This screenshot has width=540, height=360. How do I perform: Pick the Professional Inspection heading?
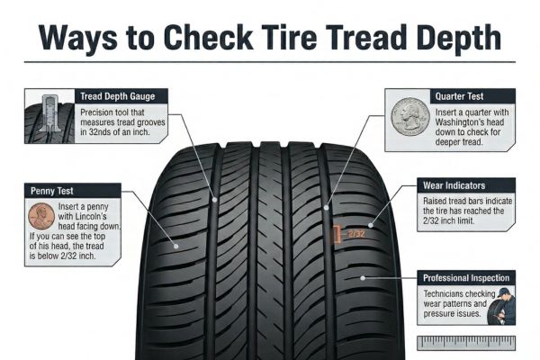pos(466,278)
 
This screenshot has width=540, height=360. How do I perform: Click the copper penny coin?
pos(40,216)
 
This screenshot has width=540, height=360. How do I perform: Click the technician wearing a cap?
pos(500,306)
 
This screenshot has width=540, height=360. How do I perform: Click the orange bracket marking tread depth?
pos(337,234)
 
